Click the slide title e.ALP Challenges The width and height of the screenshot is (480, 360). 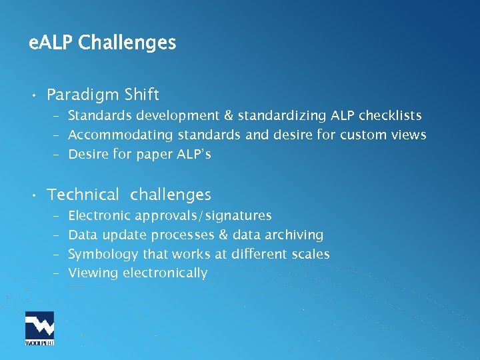[x=103, y=43]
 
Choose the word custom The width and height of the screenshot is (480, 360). [x=362, y=135]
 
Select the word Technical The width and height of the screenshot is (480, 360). [x=83, y=195]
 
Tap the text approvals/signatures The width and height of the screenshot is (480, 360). [x=203, y=216]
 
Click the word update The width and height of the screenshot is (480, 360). [x=123, y=235]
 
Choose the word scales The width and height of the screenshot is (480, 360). [x=309, y=254]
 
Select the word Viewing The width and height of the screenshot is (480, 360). [x=93, y=273]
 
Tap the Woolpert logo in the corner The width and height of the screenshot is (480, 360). [x=39, y=328]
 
